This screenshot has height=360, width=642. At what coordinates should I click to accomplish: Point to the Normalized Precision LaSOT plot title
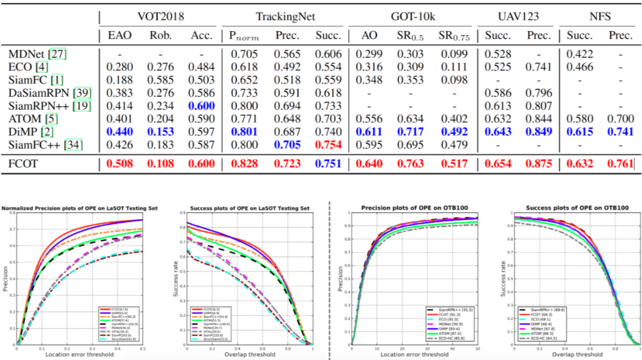point(72,208)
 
